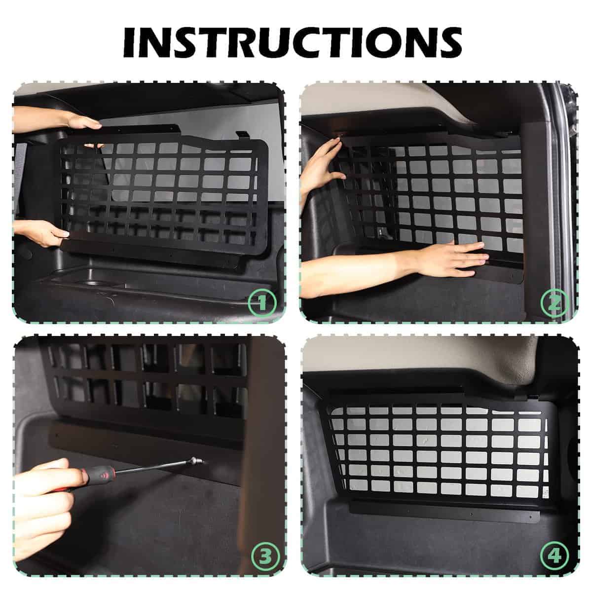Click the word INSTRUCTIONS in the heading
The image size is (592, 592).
click(293, 42)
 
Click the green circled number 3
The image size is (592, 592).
click(265, 556)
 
